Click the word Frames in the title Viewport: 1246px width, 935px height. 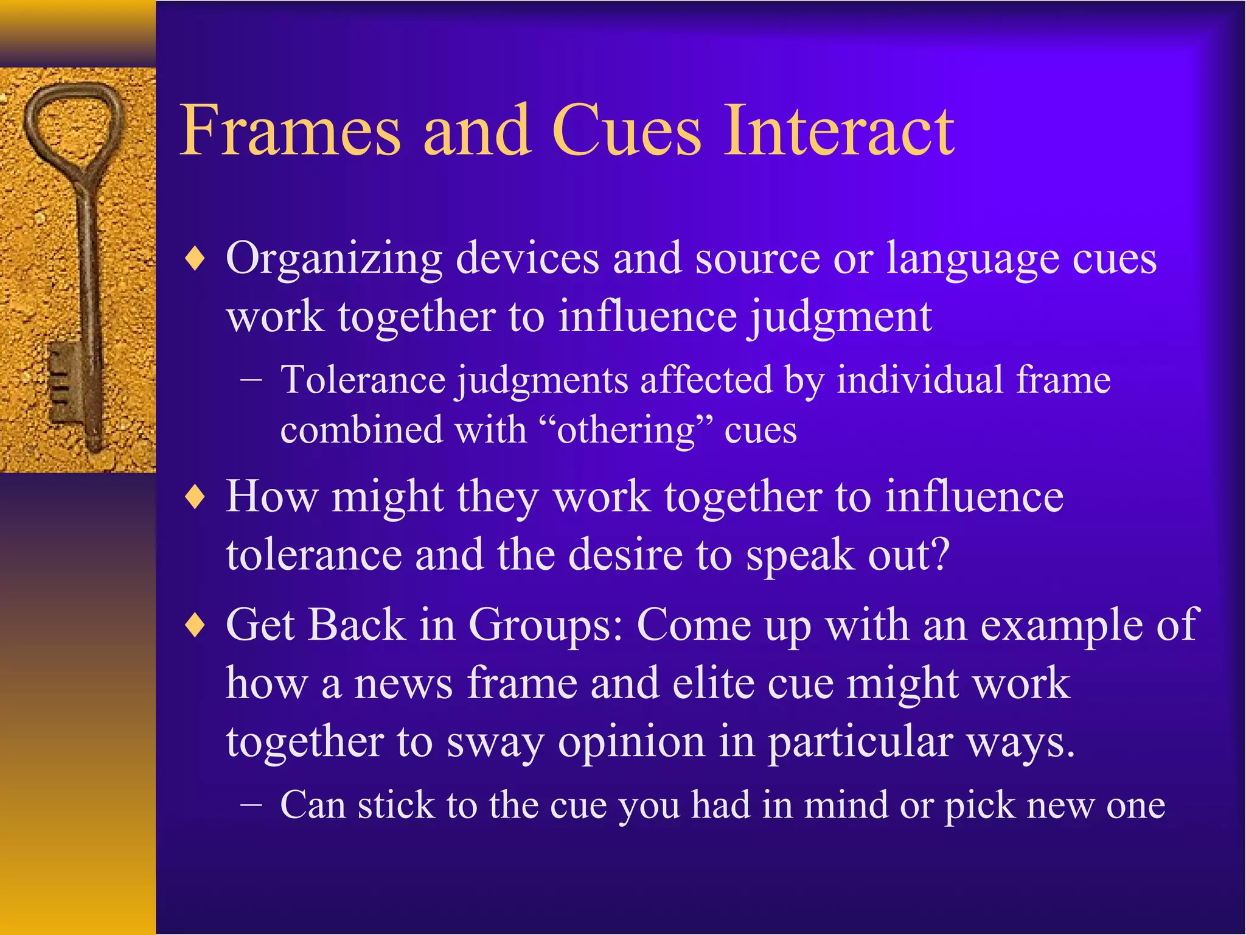coord(290,131)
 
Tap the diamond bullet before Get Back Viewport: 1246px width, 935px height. coord(195,627)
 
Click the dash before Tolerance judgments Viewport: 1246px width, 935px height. coord(251,381)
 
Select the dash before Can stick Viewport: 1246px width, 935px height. coord(251,807)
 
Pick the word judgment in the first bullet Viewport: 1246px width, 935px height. coord(840,318)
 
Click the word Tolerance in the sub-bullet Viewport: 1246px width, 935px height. coord(363,381)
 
